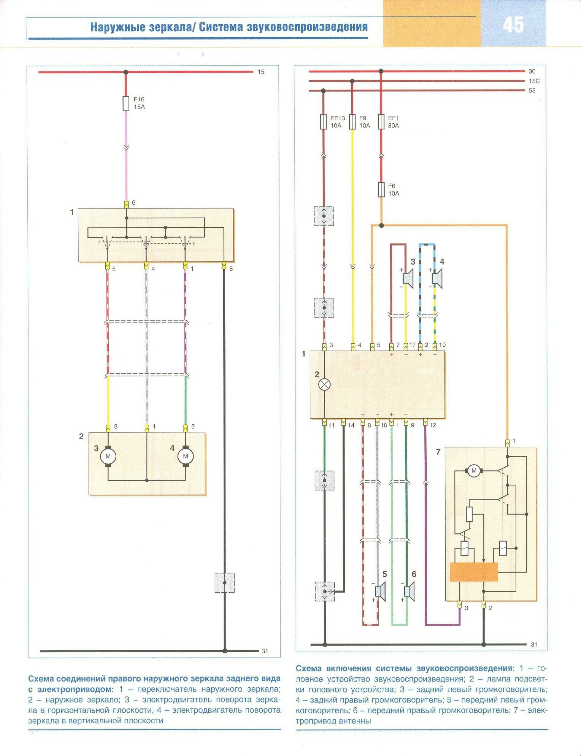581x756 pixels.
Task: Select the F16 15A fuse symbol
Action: pos(126,103)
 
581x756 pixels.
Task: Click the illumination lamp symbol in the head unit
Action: pos(324,384)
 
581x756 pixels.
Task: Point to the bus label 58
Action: pos(532,90)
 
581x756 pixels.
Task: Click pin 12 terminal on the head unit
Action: pos(425,422)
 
